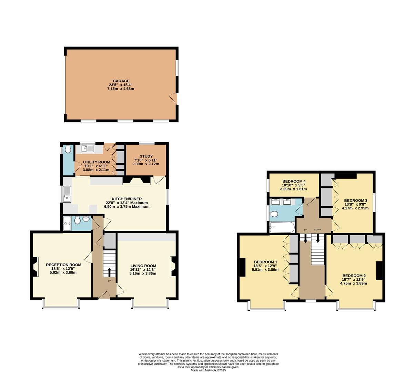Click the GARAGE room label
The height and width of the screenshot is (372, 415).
[121, 81]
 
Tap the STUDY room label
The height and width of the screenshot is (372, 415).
[146, 156]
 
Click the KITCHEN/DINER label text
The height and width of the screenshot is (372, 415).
[127, 199]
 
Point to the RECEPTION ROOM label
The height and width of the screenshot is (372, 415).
[63, 265]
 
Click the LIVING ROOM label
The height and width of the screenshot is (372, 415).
[143, 266]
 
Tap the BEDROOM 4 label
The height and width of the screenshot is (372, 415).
[294, 181]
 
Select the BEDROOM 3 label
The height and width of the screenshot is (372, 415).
[355, 200]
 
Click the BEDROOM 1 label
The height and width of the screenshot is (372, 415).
[265, 262]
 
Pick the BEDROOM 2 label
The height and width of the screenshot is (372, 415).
[354, 276]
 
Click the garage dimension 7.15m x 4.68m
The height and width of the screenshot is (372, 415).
[121, 89]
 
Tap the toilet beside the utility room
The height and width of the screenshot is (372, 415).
[68, 149]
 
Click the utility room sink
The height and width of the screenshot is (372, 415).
[87, 148]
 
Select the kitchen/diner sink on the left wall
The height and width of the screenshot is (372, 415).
[67, 195]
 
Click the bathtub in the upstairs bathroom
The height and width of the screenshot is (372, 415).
[282, 227]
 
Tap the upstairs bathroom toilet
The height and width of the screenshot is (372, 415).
[274, 214]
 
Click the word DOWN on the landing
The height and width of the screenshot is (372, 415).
[317, 230]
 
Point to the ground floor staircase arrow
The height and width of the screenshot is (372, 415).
[110, 272]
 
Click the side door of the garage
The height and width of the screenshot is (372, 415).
[174, 99]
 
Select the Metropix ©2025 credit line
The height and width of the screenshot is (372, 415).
[208, 370]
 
